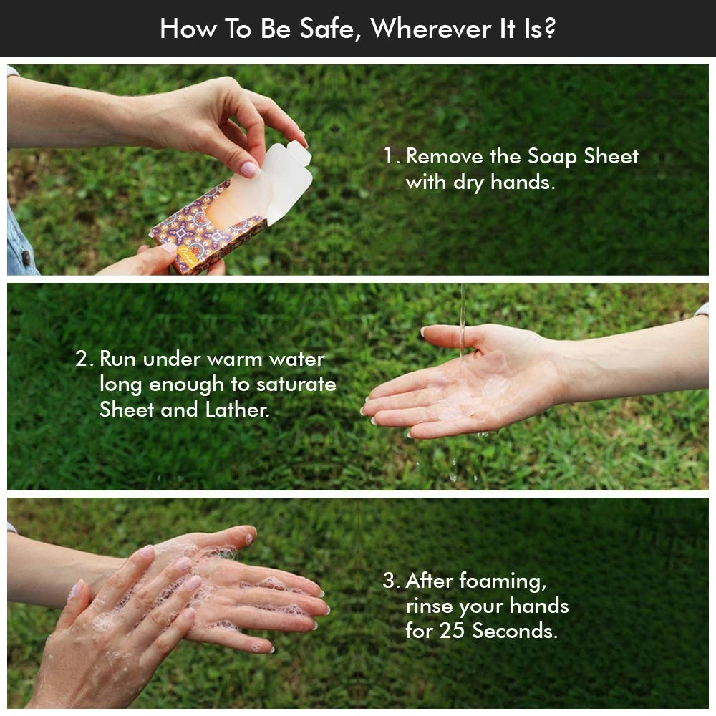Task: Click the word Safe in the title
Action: pyautogui.click(x=327, y=29)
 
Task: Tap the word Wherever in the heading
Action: pyautogui.click(x=430, y=29)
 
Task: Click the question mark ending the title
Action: pyautogui.click(x=550, y=29)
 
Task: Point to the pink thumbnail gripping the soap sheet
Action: pyautogui.click(x=250, y=169)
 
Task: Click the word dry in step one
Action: pyautogui.click(x=468, y=183)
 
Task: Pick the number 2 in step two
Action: pyautogui.click(x=82, y=359)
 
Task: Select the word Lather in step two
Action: pyautogui.click(x=237, y=409)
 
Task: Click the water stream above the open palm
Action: pyautogui.click(x=463, y=319)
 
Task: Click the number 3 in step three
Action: pyautogui.click(x=389, y=581)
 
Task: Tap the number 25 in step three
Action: pyautogui.click(x=452, y=631)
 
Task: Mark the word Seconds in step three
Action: pyautogui.click(x=515, y=631)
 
